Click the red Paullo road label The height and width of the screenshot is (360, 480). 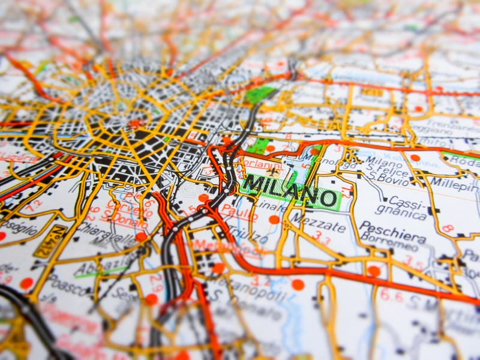(x=238, y=211)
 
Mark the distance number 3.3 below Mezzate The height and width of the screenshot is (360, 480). (x=322, y=239)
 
